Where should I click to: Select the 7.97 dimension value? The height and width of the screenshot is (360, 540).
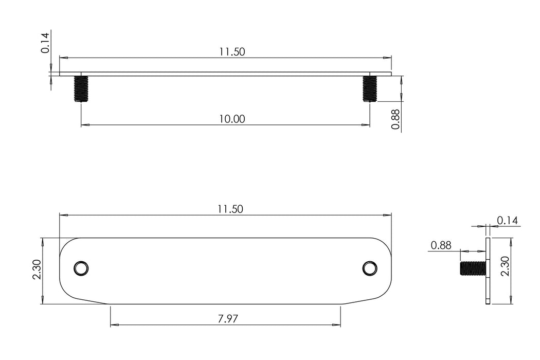227,319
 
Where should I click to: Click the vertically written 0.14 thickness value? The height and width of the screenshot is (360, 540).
45,43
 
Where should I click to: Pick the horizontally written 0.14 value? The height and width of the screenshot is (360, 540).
507,221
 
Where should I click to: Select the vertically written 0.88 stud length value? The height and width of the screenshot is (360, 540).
395,119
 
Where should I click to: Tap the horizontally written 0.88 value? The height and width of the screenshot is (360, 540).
441,245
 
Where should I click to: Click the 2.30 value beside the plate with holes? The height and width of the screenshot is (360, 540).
36,269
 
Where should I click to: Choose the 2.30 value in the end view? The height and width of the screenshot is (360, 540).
506,266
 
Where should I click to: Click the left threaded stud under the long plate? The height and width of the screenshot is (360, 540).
81,88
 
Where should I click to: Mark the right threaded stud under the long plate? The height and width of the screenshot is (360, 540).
370,88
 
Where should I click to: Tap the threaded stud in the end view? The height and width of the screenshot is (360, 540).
472,268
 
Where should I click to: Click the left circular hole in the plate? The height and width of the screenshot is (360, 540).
81,268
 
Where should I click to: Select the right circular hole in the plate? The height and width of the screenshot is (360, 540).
369,268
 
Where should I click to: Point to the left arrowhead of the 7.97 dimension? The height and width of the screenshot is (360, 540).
114,325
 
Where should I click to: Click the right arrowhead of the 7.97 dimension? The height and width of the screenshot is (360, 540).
336,325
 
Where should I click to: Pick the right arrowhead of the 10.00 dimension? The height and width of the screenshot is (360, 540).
366,125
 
